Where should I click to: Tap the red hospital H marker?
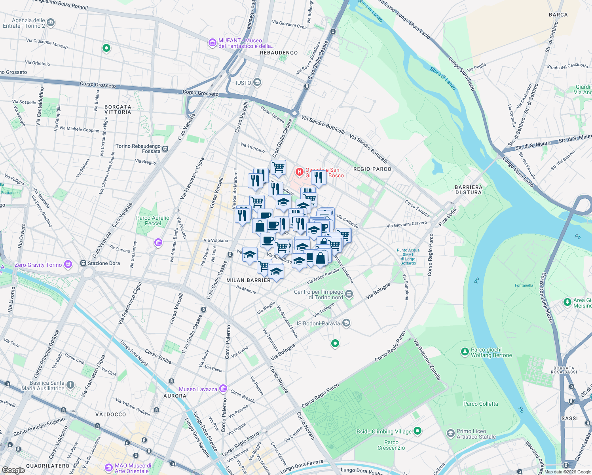300,172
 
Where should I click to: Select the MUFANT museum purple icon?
213,42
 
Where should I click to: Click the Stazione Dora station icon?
83,263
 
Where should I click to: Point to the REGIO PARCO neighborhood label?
372,169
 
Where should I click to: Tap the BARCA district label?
558,15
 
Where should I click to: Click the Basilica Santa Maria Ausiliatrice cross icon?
70,385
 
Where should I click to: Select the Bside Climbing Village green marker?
417,431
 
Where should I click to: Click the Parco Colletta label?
480,404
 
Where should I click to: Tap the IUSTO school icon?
257,82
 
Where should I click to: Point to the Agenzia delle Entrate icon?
51,23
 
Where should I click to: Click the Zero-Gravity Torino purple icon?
68,264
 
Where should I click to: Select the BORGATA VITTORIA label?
118,109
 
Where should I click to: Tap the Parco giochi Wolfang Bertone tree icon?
465,351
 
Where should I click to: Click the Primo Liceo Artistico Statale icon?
450,433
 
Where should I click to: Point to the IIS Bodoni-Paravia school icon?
346,323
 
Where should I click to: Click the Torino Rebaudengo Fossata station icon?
165,149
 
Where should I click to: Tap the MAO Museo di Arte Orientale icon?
109,468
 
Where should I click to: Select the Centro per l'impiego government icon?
349,294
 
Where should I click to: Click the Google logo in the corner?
13,470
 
